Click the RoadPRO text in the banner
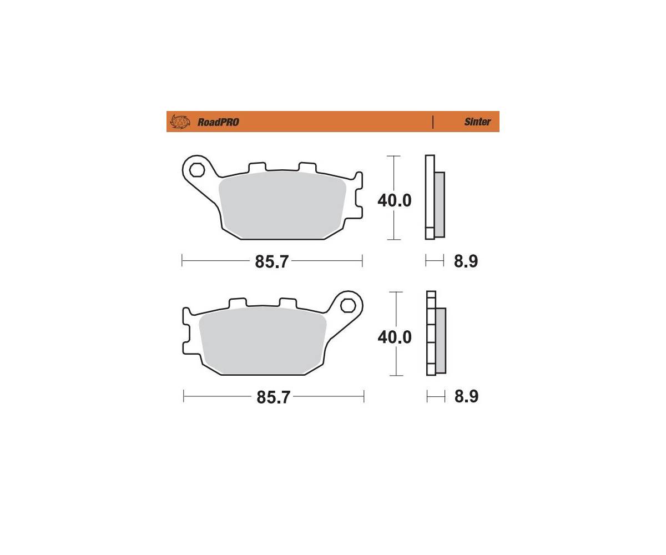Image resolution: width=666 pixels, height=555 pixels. [218, 122]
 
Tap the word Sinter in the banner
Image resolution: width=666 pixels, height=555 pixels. [477, 122]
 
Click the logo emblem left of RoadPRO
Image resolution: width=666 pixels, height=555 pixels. [180, 122]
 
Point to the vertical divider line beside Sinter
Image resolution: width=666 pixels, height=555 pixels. [432, 122]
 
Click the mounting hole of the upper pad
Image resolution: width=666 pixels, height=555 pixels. [196, 170]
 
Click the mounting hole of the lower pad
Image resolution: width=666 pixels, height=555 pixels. [348, 306]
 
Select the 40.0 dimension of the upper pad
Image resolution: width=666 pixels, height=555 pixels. [395, 200]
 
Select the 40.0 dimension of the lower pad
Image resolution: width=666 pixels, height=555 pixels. [395, 337]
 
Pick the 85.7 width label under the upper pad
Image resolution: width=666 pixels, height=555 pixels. [271, 261]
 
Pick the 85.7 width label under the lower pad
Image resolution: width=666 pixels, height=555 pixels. [274, 397]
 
